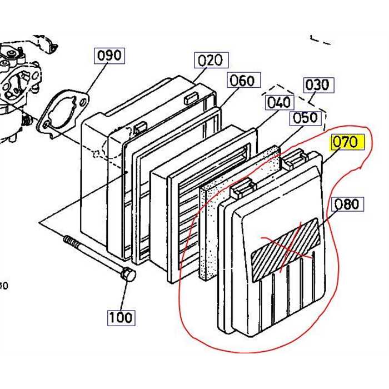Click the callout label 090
(x=108, y=56)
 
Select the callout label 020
(x=210, y=61)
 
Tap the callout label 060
(x=242, y=81)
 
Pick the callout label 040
(x=278, y=102)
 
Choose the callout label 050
(x=305, y=118)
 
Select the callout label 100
(x=121, y=317)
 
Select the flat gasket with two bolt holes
(x=64, y=114)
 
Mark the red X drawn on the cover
(x=286, y=247)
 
